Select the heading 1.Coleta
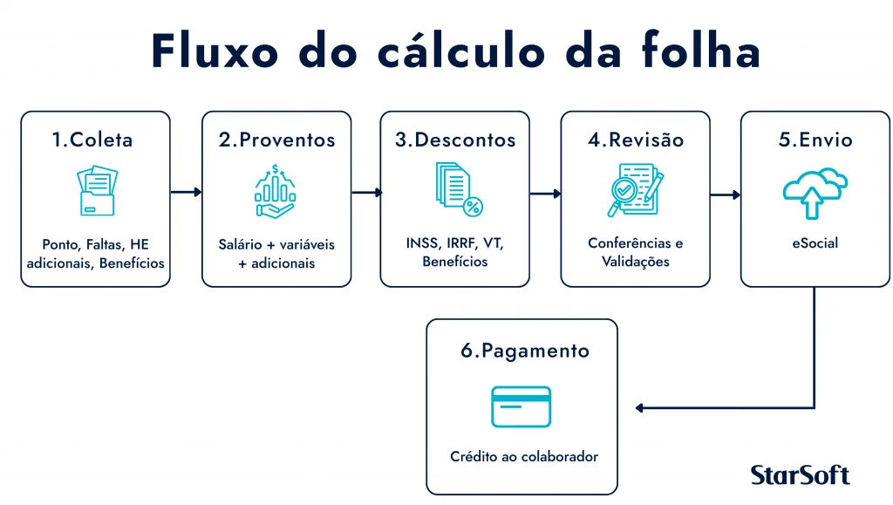[x=92, y=140]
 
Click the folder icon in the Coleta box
[x=96, y=192]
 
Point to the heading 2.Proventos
[x=276, y=140]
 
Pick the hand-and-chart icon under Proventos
[x=276, y=193]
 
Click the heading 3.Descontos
[x=455, y=140]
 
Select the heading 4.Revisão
[x=635, y=140]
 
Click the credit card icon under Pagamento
[x=521, y=406]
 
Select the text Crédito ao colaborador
[x=524, y=456]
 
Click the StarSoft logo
[x=799, y=474]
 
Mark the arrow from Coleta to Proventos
[x=186, y=193]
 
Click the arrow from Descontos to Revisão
[x=545, y=194]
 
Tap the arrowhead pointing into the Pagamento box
[x=640, y=407]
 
